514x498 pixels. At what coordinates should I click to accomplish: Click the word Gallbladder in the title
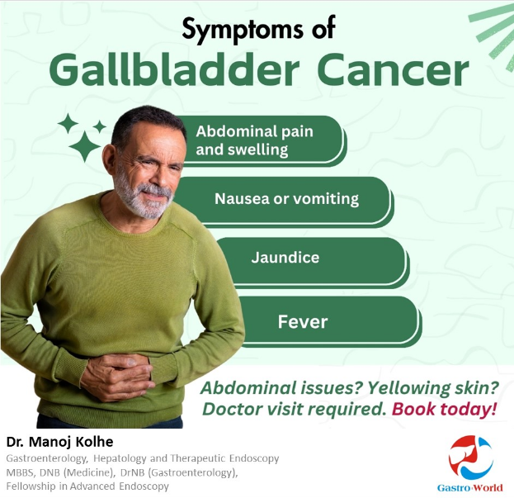pyautogui.click(x=174, y=70)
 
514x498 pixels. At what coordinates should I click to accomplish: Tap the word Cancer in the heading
pyautogui.click(x=393, y=70)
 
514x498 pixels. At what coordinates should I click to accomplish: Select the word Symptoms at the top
pyautogui.click(x=243, y=29)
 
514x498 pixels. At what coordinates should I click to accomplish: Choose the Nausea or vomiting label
pyautogui.click(x=286, y=199)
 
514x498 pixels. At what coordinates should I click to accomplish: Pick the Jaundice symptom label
pyautogui.click(x=285, y=257)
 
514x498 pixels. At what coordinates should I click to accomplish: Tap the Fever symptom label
pyautogui.click(x=303, y=321)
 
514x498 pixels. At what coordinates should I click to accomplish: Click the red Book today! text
pyautogui.click(x=444, y=409)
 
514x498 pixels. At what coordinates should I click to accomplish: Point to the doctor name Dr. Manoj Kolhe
pyautogui.click(x=59, y=442)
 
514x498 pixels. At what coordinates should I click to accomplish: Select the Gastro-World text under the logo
pyautogui.click(x=469, y=488)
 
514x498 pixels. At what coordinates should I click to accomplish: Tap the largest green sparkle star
pyautogui.click(x=85, y=147)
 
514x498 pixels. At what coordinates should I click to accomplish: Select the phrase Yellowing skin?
pyautogui.click(x=432, y=388)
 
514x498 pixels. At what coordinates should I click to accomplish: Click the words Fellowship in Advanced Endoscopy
pyautogui.click(x=87, y=486)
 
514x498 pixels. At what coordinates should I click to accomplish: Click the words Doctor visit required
pyautogui.click(x=295, y=410)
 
